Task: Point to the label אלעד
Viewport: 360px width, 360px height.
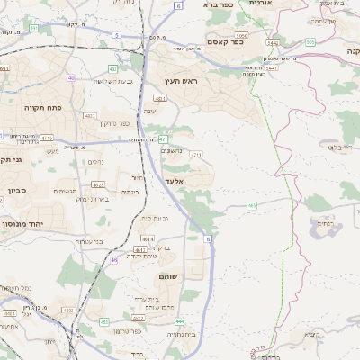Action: (x=174, y=181)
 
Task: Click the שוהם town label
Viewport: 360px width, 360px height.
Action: (x=169, y=274)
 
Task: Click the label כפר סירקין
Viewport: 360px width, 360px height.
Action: (x=116, y=124)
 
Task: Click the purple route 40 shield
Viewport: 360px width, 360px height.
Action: (x=71, y=77)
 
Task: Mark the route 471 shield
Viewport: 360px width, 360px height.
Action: (x=163, y=139)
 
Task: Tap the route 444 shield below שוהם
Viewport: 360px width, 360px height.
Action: (x=180, y=320)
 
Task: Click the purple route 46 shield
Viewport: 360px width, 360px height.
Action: (x=114, y=260)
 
